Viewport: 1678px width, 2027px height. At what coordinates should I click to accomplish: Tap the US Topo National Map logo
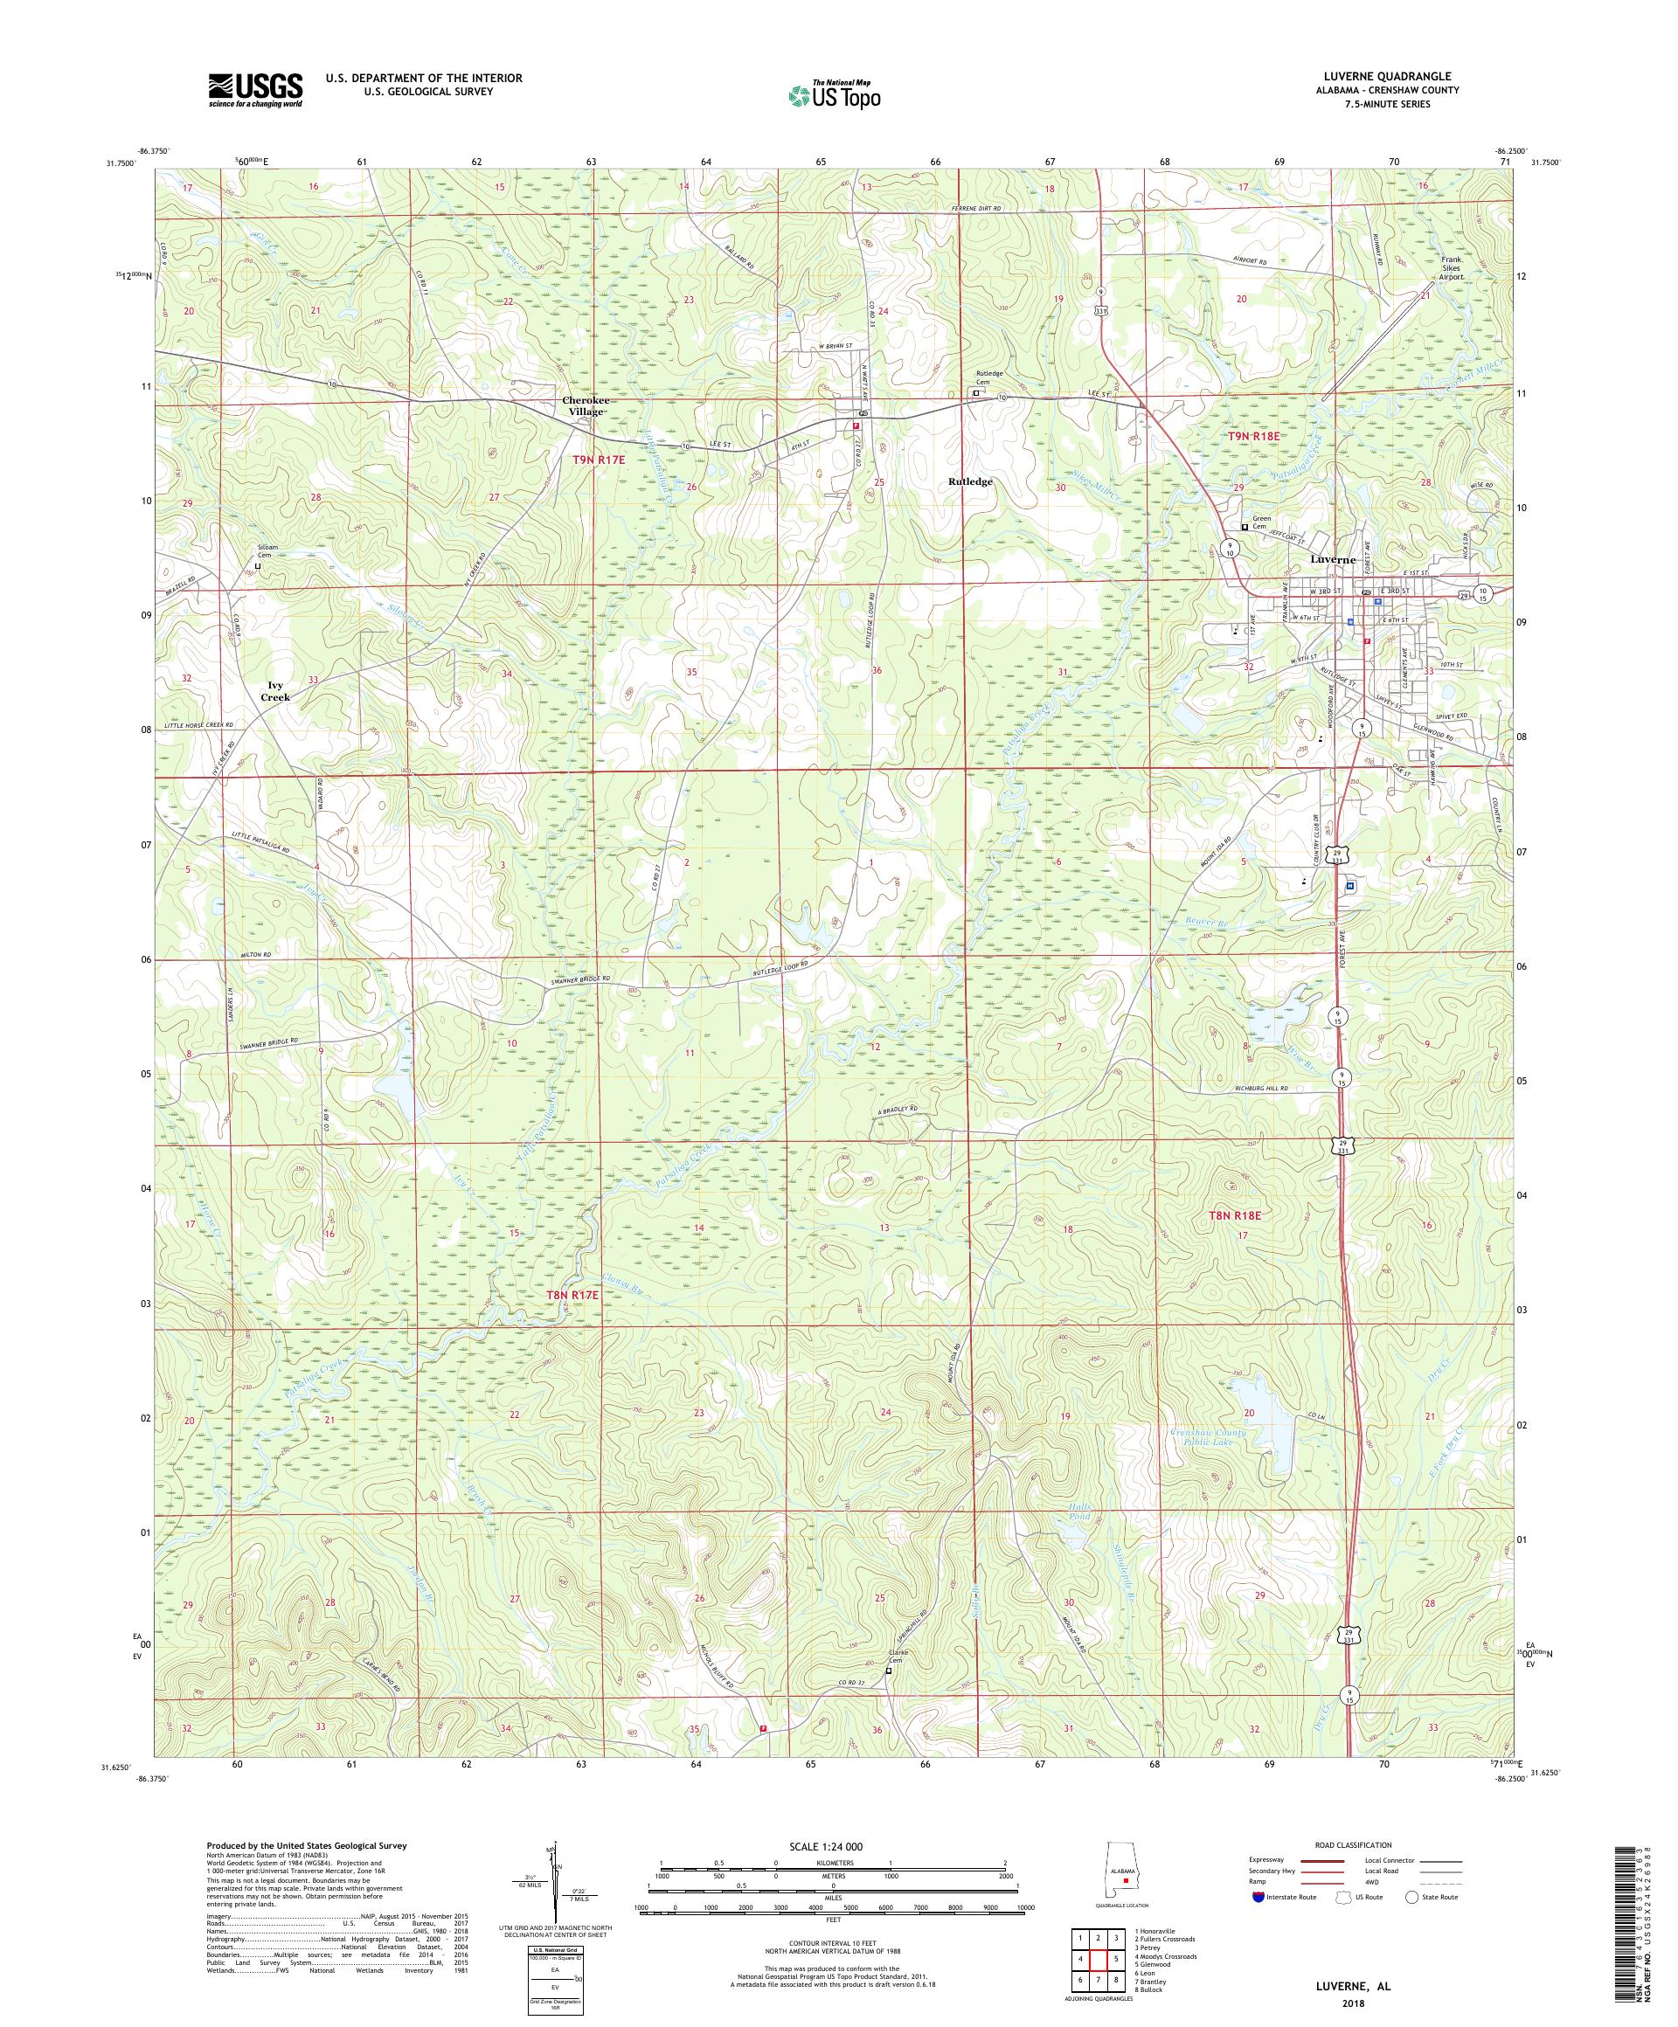coord(836,93)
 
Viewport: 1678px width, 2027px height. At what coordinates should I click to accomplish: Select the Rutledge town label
coord(969,481)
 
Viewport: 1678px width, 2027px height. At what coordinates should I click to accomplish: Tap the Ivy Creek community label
coord(275,690)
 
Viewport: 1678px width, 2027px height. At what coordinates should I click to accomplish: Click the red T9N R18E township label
coord(1253,436)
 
